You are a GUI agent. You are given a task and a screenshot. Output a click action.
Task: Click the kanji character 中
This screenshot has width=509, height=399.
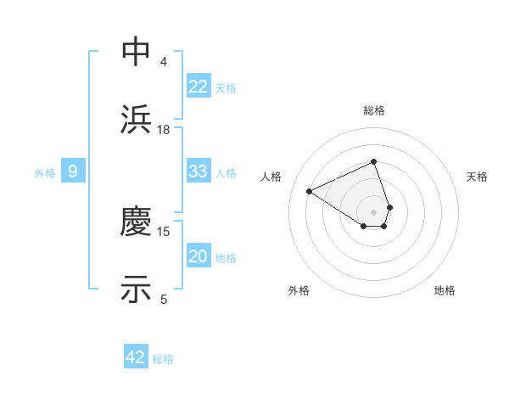pyautogui.click(x=136, y=52)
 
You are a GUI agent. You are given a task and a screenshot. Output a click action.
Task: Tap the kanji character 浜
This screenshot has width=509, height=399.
pyautogui.click(x=136, y=119)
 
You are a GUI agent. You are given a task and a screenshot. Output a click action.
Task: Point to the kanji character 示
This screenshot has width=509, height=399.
pyautogui.click(x=136, y=289)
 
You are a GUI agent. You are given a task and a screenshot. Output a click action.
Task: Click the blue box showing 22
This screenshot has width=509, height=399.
pyautogui.click(x=199, y=87)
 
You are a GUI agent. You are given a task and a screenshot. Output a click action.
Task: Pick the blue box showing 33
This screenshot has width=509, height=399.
pyautogui.click(x=199, y=172)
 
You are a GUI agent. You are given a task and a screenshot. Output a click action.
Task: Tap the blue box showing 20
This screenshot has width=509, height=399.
pyautogui.click(x=199, y=257)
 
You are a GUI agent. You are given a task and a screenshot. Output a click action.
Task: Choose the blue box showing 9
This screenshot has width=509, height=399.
pyautogui.click(x=73, y=172)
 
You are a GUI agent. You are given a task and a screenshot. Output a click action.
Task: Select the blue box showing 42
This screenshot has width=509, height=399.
pyautogui.click(x=136, y=357)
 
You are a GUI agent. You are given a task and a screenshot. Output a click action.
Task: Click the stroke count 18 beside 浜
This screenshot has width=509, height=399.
pyautogui.click(x=164, y=129)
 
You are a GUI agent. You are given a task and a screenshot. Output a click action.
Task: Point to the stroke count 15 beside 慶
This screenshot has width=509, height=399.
pyautogui.click(x=164, y=231)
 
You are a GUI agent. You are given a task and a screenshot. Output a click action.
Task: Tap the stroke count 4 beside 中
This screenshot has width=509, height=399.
pyautogui.click(x=164, y=61)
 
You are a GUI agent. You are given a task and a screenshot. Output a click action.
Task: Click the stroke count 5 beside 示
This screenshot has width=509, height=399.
pyautogui.click(x=164, y=299)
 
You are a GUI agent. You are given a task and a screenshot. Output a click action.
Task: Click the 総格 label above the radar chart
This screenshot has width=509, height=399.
pyautogui.click(x=374, y=110)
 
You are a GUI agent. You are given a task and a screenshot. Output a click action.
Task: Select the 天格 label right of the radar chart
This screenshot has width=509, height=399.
pyautogui.click(x=478, y=177)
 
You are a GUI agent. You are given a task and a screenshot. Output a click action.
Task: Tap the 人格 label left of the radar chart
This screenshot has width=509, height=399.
pyautogui.click(x=271, y=177)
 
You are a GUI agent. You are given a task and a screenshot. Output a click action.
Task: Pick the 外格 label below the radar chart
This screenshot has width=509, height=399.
pyautogui.click(x=299, y=290)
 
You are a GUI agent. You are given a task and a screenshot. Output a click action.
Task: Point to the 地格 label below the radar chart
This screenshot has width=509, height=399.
pyautogui.click(x=445, y=290)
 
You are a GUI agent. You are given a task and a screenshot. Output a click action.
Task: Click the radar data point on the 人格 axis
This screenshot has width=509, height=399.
pyautogui.click(x=310, y=191)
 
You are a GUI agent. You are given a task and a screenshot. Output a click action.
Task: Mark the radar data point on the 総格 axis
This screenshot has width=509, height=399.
pyautogui.click(x=374, y=161)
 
